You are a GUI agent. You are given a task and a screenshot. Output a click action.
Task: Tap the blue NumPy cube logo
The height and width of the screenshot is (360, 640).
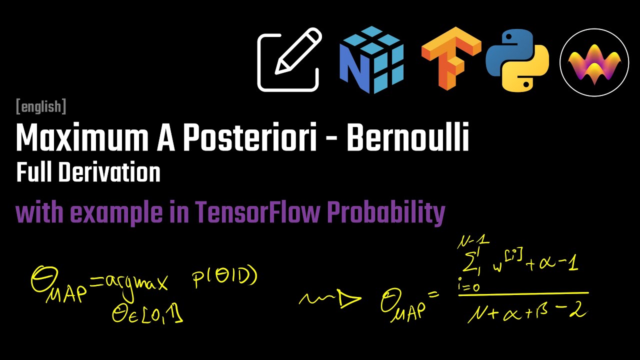[x=371, y=60]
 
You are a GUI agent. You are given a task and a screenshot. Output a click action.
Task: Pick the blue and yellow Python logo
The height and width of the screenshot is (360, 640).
[x=517, y=60]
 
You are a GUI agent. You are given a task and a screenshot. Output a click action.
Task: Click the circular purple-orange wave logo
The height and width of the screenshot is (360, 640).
[x=594, y=61]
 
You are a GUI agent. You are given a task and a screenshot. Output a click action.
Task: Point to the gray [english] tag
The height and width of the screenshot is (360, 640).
[x=41, y=106]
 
